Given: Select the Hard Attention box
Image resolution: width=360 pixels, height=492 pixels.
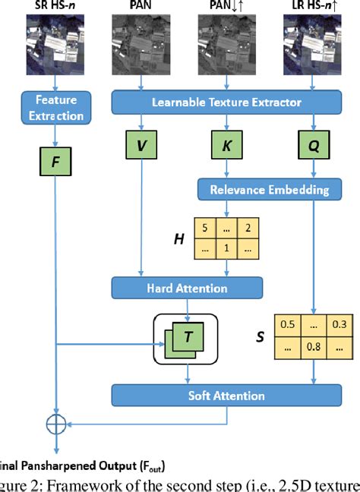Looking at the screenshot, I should pyautogui.click(x=187, y=287).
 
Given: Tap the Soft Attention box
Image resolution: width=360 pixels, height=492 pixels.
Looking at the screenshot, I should pyautogui.click(x=226, y=395).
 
